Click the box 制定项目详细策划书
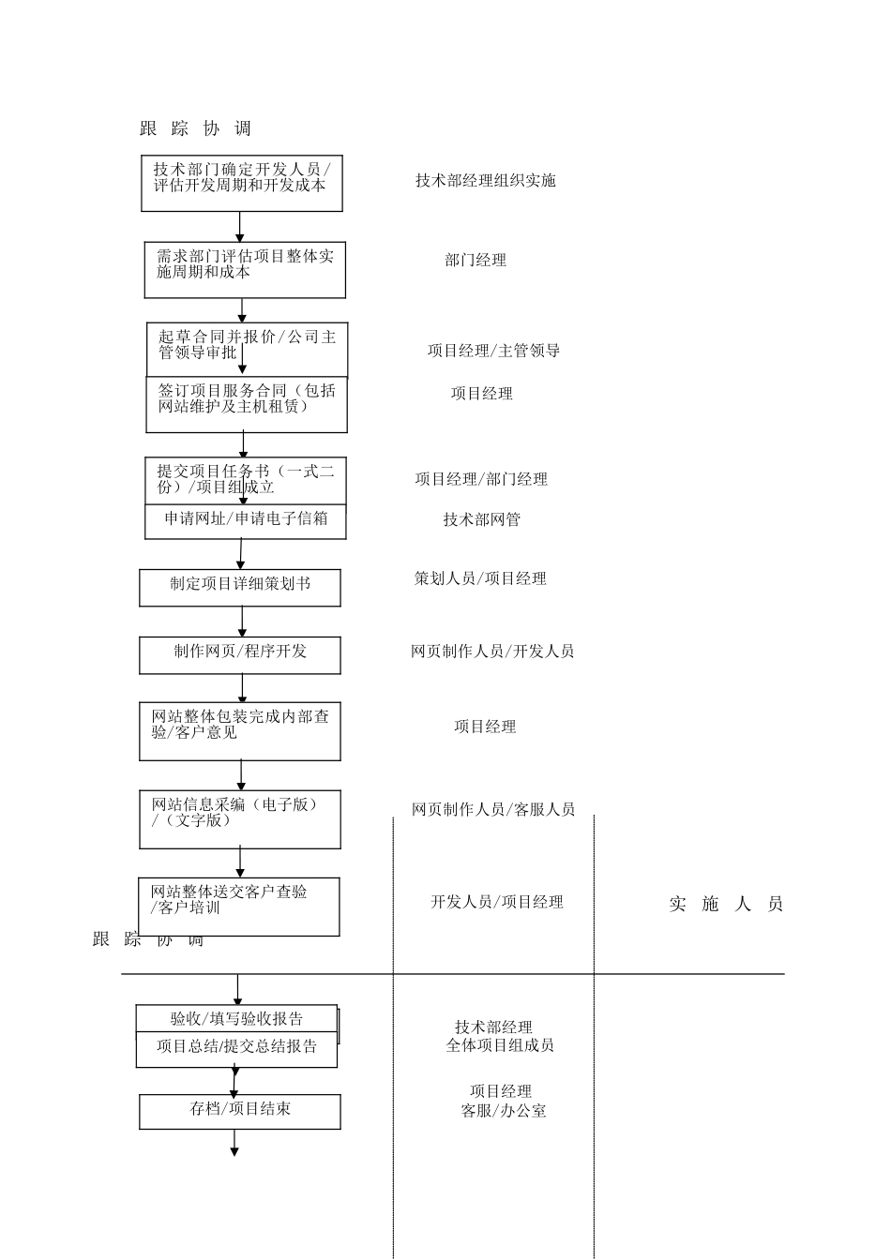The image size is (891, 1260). (240, 588)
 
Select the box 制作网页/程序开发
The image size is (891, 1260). (240, 655)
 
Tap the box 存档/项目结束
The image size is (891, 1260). (240, 1111)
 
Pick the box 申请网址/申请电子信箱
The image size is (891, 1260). (246, 521)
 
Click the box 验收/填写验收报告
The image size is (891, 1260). (237, 1019)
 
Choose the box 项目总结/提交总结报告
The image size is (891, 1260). (236, 1049)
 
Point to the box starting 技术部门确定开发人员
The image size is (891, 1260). (241, 183)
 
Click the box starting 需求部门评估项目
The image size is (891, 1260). (245, 270)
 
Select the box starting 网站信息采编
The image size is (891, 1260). (240, 818)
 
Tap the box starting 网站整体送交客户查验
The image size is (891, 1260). (239, 906)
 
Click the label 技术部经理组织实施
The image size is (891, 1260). (486, 180)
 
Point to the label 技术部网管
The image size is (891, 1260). (482, 519)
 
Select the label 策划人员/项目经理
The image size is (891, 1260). (480, 578)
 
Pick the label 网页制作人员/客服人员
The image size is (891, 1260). (493, 809)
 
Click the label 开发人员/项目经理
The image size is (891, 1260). (497, 902)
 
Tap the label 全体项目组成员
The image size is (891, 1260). (500, 1045)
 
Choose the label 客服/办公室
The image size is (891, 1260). (504, 1111)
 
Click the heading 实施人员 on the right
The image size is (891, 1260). (726, 905)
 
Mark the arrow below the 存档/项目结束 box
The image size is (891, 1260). (234, 1143)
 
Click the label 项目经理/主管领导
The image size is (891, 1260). (494, 351)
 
